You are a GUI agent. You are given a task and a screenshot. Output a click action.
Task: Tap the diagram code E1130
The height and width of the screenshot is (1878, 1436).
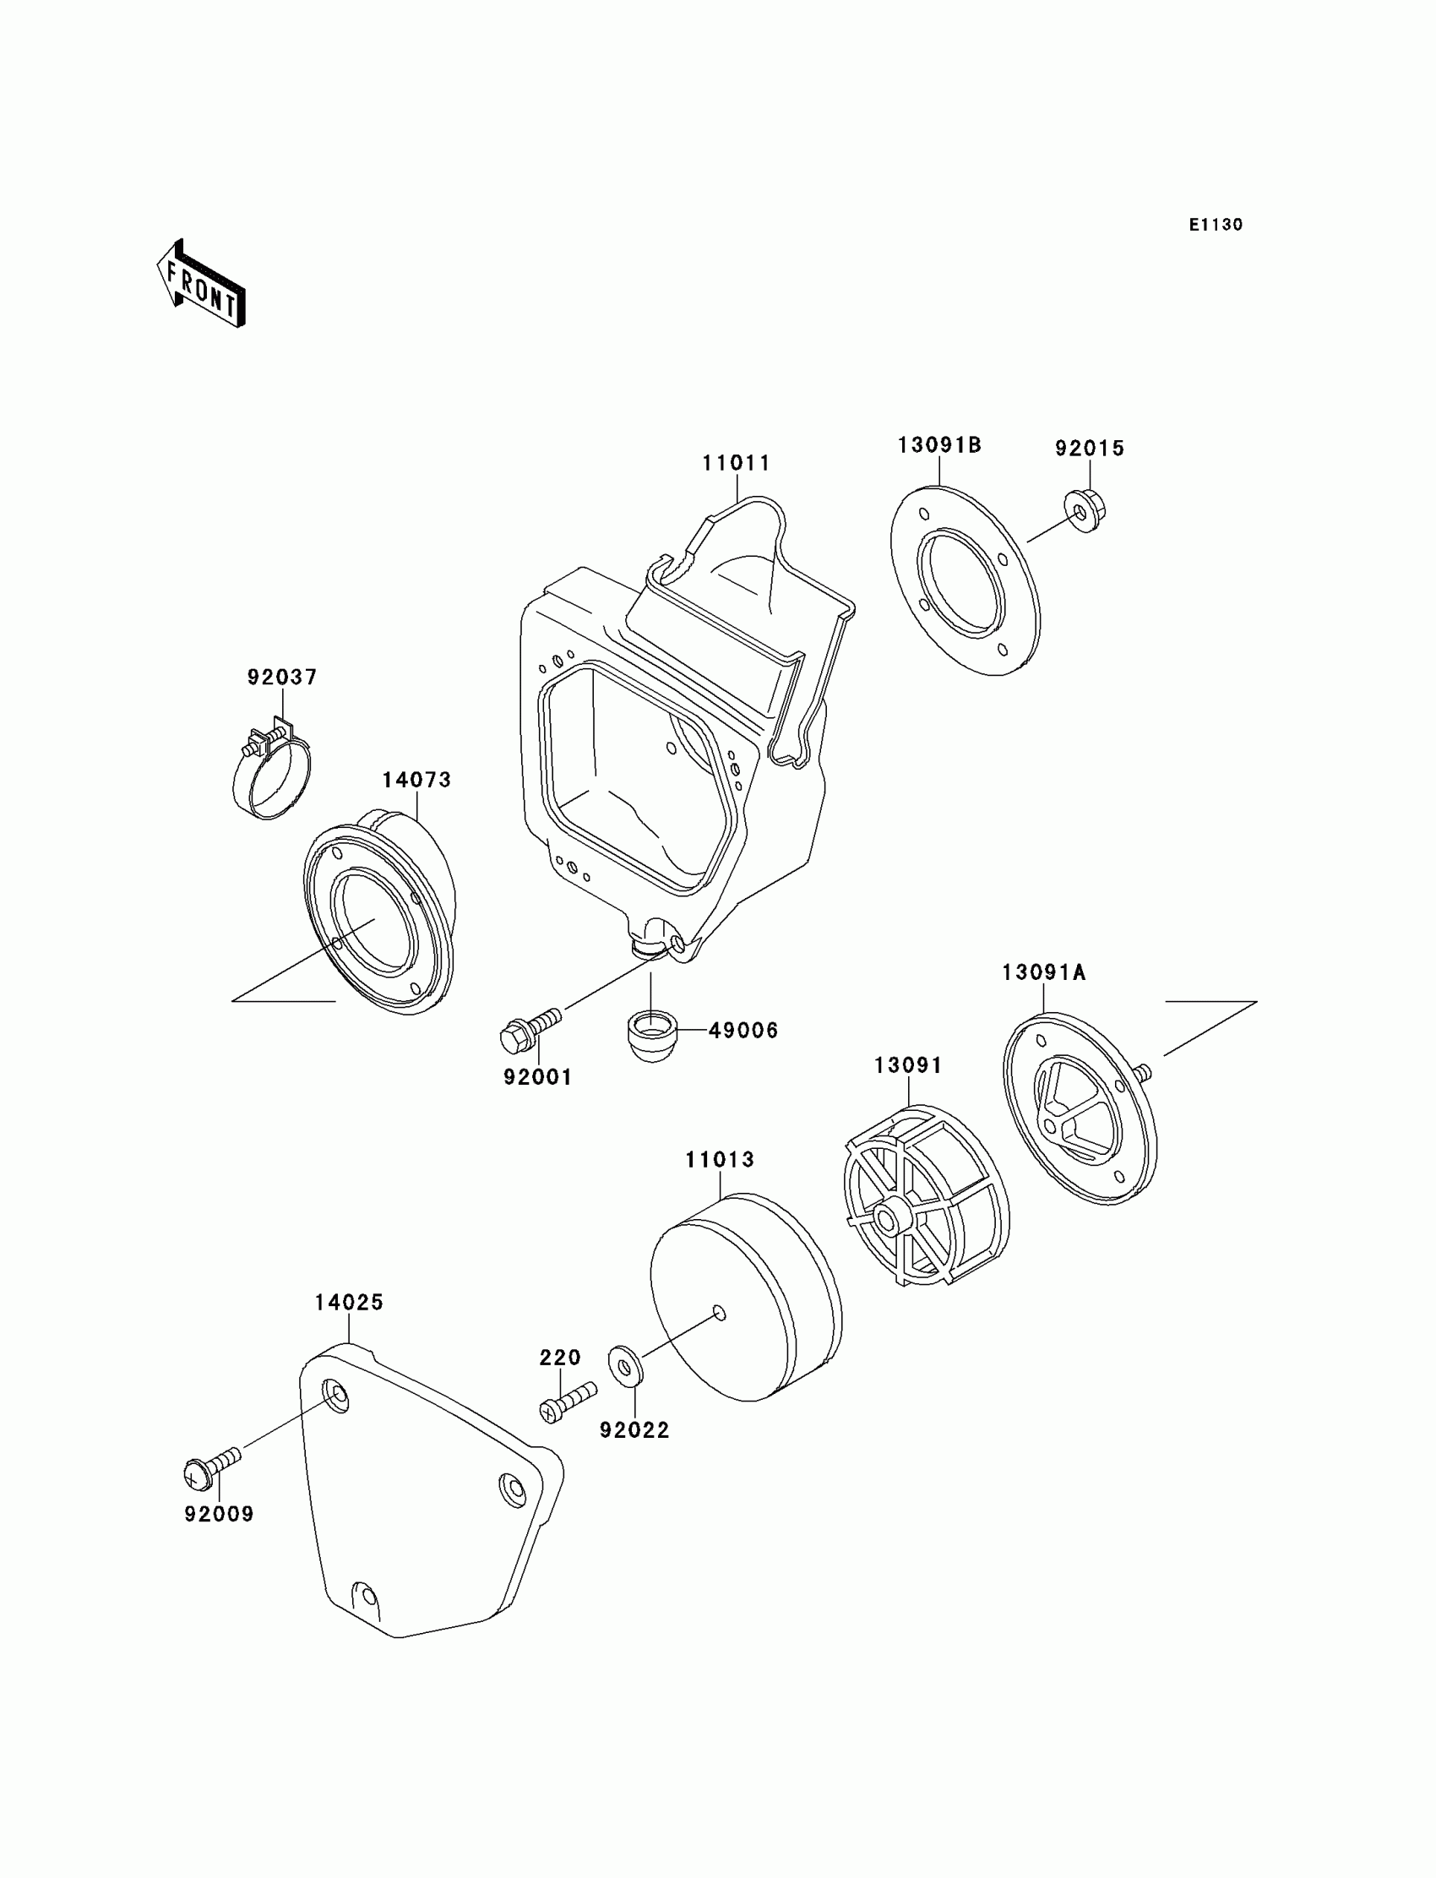click(x=1215, y=225)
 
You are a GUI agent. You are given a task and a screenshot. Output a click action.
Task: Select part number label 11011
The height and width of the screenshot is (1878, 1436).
click(x=736, y=463)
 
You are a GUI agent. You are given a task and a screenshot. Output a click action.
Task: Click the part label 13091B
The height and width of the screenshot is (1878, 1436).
click(x=938, y=445)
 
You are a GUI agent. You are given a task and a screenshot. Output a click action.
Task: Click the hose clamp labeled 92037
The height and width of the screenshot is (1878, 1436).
click(x=272, y=768)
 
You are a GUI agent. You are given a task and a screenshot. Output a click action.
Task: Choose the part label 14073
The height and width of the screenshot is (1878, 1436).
click(x=416, y=780)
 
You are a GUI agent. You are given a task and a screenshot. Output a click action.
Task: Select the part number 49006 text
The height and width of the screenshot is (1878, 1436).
click(x=743, y=1031)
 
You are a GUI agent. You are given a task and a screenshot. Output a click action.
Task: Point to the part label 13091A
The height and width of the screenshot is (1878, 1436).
click(x=1044, y=972)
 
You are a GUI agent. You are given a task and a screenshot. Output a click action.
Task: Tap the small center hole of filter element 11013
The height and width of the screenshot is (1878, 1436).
click(x=719, y=1313)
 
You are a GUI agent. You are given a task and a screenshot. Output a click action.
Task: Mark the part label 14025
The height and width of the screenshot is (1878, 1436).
click(x=349, y=1303)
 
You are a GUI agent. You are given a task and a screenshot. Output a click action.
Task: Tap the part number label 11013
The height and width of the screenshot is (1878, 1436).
click(x=720, y=1160)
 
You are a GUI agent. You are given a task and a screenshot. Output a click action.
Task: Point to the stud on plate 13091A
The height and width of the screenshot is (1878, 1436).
click(x=1143, y=1072)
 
